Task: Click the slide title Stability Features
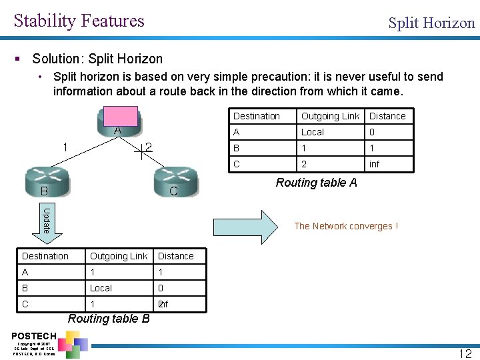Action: [x=79, y=21]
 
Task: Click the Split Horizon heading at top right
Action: [x=431, y=23]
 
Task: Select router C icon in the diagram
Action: [x=175, y=183]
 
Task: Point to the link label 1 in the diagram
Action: [x=65, y=147]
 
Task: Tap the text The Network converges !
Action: [x=346, y=226]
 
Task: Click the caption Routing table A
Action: [x=316, y=183]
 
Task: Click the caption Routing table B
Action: [x=109, y=319]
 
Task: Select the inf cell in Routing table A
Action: [x=375, y=164]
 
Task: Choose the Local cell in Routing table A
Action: [x=313, y=132]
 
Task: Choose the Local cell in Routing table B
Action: [x=101, y=288]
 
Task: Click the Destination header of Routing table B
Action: [x=45, y=256]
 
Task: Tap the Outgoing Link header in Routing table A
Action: [x=330, y=116]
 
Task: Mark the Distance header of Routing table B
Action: [x=176, y=256]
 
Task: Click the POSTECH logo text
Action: [x=34, y=335]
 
